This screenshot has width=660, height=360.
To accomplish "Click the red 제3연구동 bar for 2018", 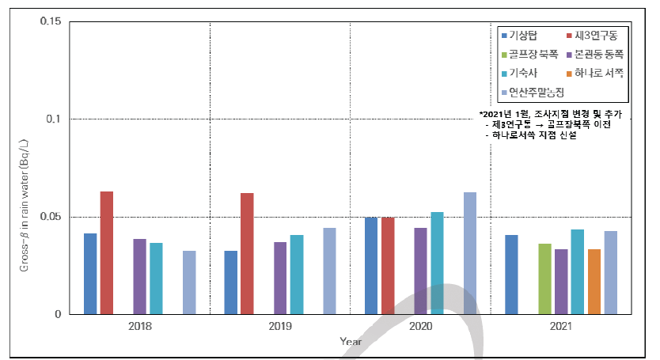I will pos(107,252).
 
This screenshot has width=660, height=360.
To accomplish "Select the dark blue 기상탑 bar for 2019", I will pos(231,282).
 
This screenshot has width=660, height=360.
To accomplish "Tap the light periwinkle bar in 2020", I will pos(470,252).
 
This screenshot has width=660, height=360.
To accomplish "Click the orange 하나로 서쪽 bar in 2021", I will pos(594,282).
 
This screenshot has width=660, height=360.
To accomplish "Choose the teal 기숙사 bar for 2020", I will pos(437,263).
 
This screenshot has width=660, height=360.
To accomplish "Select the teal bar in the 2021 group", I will pos(578,271).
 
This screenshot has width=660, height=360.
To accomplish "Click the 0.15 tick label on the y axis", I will pos(50,21).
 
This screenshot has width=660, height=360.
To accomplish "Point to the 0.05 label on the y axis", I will pos(50,217).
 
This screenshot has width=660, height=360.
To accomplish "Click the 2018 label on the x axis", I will pos(140,326).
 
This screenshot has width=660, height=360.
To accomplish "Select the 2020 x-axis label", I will pos(420,326).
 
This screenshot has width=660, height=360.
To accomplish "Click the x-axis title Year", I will pos(351,341).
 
